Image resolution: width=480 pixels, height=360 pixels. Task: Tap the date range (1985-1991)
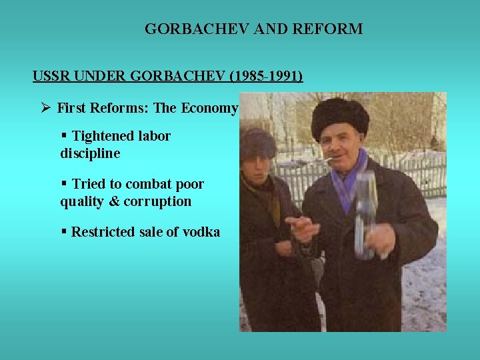265,76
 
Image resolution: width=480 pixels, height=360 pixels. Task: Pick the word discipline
90,153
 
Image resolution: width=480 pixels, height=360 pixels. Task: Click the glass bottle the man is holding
365,213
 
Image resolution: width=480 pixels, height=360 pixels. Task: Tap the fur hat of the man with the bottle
340,115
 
